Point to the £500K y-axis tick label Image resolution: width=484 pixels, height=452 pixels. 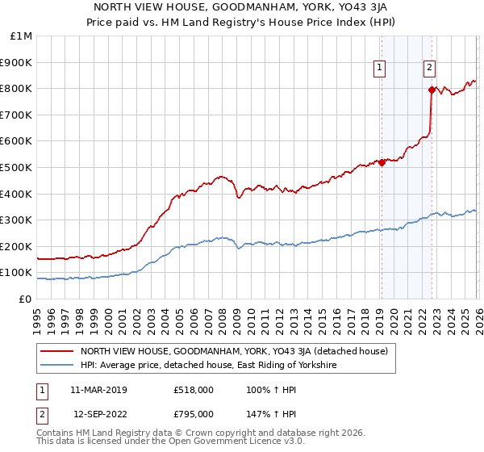tap(16, 168)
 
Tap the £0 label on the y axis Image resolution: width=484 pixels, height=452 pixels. tap(26, 299)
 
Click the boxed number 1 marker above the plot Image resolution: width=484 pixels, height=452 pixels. tap(379, 69)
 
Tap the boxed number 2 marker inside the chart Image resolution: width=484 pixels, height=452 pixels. tap(430, 69)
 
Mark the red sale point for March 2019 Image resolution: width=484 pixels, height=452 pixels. tap(381, 163)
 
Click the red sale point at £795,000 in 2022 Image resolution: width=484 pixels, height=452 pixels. tap(432, 90)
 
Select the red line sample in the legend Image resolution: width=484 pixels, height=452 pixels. tap(57, 351)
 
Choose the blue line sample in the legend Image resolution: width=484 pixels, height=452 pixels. tap(57, 366)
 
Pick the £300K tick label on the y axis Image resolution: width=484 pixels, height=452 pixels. tap(16, 220)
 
